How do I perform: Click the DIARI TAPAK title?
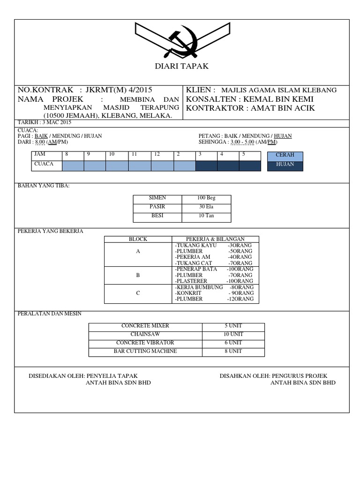181,67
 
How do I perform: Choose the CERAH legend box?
285,156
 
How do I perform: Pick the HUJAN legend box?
285,165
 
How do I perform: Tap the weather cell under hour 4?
228,165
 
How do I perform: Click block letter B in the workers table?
138,275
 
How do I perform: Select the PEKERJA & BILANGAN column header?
215,239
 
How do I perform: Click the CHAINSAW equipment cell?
145,334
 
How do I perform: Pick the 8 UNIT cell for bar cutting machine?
233,351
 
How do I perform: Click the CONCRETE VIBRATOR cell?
145,343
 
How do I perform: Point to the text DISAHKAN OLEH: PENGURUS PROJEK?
273,376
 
